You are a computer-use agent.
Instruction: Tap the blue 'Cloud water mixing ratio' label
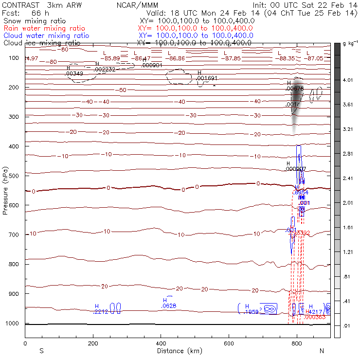pyautogui.click(x=46, y=36)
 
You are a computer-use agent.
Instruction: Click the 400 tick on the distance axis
pyautogui.click(x=161, y=343)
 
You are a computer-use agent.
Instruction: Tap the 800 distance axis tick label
pyautogui.click(x=297, y=343)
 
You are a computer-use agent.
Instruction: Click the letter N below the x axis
pyautogui.click(x=322, y=351)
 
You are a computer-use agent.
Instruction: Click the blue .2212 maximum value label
pyautogui.click(x=100, y=312)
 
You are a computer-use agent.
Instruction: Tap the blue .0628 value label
pyautogui.click(x=168, y=306)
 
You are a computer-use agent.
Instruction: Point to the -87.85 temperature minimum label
pyautogui.click(x=231, y=58)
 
